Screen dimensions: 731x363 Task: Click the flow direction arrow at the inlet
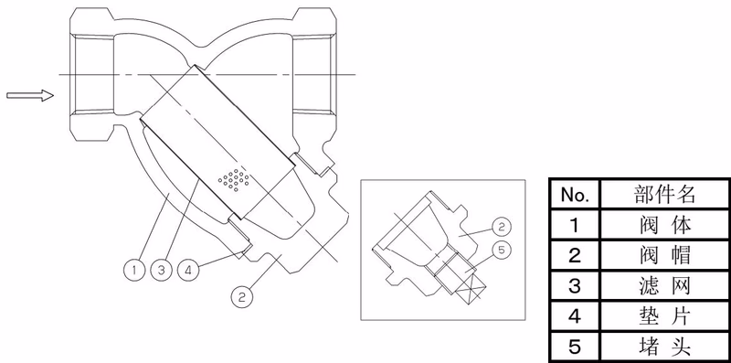pos(30,95)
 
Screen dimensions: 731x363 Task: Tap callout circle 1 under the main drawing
pos(134,269)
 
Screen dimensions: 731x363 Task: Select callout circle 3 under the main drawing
pos(162,269)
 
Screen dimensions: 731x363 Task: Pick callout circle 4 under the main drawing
pos(188,269)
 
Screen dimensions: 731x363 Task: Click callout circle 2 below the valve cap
pos(242,297)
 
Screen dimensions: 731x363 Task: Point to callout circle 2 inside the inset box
pos(502,227)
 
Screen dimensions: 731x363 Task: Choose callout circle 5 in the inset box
pos(502,249)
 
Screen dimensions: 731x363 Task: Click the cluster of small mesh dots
pos(234,179)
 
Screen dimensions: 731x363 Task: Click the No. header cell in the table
pos(575,194)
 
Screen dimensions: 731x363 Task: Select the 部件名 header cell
pos(664,194)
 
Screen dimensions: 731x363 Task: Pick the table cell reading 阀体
pos(664,224)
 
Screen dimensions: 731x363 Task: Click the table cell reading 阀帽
pos(664,255)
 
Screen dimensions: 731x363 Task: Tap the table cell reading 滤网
pos(664,286)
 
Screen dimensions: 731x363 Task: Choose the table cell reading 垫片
pos(664,316)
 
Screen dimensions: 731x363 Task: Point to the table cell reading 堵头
pos(664,347)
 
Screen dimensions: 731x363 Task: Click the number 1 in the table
pos(575,225)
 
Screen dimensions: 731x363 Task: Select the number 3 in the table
pos(575,286)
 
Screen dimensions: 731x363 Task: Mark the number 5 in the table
pos(575,347)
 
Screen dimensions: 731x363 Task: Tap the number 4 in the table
pos(575,316)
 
